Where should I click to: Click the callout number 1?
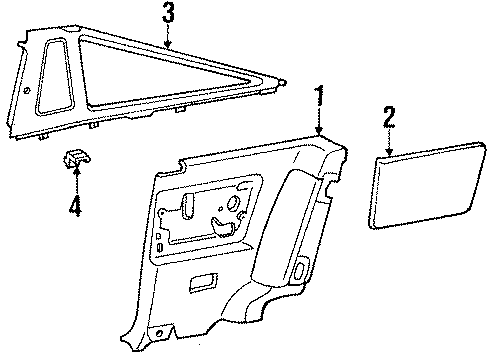pyautogui.click(x=319, y=96)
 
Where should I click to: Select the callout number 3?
pyautogui.click(x=168, y=15)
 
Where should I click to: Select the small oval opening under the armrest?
pyautogui.click(x=301, y=269)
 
